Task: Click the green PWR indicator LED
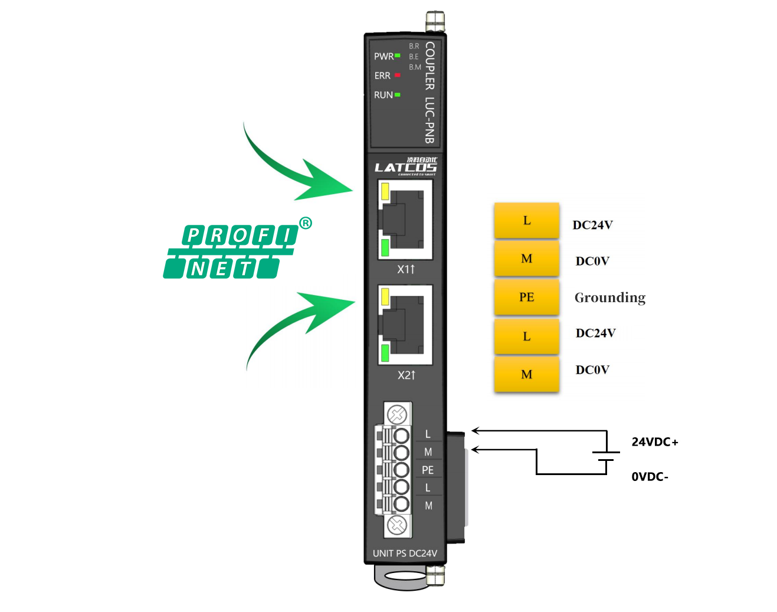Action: [398, 55]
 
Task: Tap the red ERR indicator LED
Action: [398, 75]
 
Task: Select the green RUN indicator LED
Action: [398, 94]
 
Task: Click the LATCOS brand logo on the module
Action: [405, 167]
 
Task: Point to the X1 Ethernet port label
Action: [406, 269]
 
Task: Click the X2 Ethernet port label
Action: [406, 375]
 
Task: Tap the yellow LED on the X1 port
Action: [385, 191]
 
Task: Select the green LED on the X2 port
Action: [385, 353]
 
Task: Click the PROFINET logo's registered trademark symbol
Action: [306, 223]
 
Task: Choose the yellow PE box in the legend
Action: [526, 297]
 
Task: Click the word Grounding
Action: [610, 297]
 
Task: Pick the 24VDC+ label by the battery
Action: [655, 442]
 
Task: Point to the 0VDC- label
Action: [650, 477]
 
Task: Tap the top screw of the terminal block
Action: [398, 414]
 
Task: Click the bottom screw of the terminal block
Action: [398, 524]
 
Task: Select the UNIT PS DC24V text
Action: [405, 554]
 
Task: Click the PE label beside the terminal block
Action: [428, 470]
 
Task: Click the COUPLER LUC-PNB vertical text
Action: [430, 92]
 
